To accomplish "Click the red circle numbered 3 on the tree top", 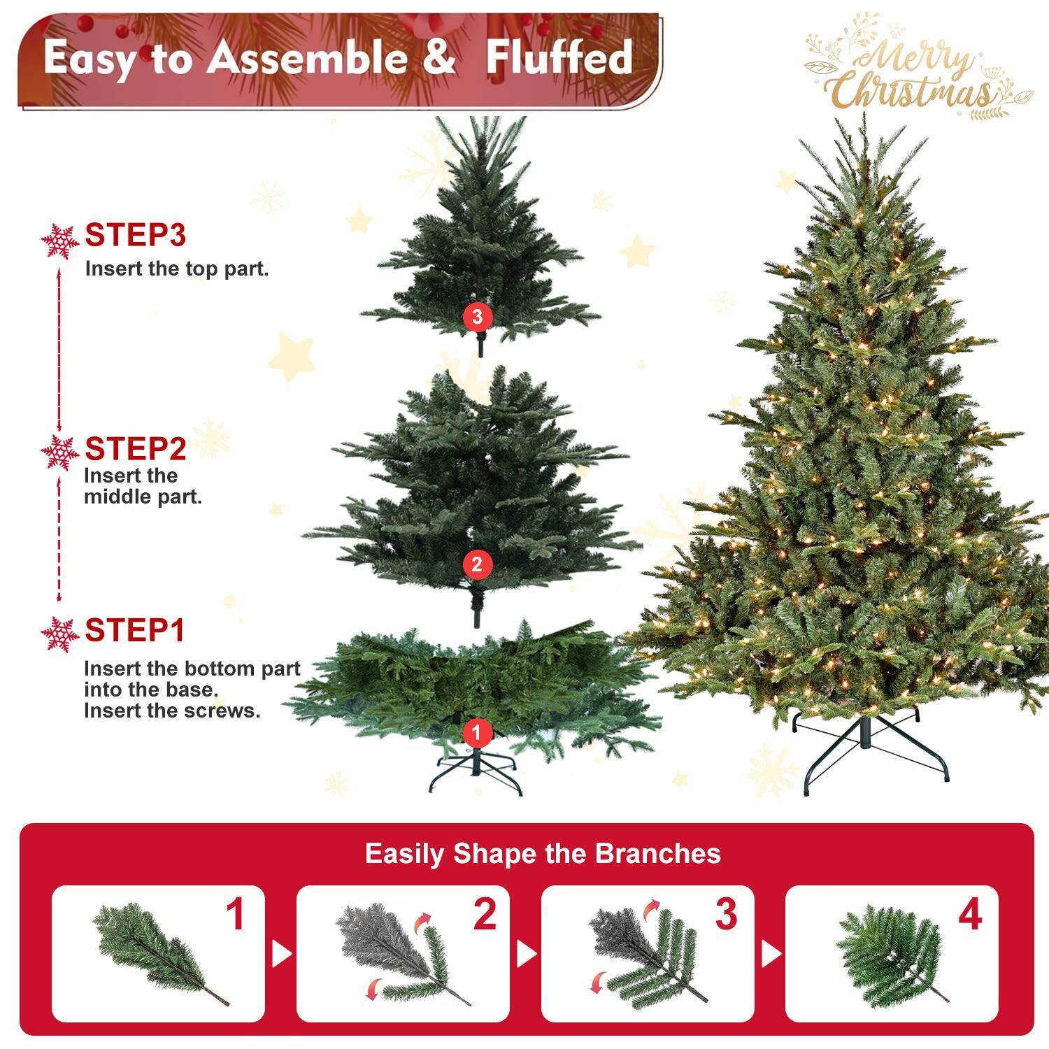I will point(477,317).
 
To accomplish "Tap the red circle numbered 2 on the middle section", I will point(477,564).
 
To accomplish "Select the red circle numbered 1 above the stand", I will point(477,732).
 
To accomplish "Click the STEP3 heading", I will point(135,236).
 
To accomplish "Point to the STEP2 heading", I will point(135,449).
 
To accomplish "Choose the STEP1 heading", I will point(134,631).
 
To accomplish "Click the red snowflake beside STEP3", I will point(60,241).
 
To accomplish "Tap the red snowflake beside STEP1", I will point(60,634).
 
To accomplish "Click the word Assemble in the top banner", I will point(307,57).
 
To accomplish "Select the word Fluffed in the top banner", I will point(559,57).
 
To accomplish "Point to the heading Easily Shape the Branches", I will point(543,854).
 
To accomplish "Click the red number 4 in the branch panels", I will point(970,915).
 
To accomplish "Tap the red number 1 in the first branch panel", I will point(236,915).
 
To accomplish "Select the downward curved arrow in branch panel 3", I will point(597,980).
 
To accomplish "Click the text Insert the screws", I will point(172,711).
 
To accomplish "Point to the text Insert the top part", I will point(177,269).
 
